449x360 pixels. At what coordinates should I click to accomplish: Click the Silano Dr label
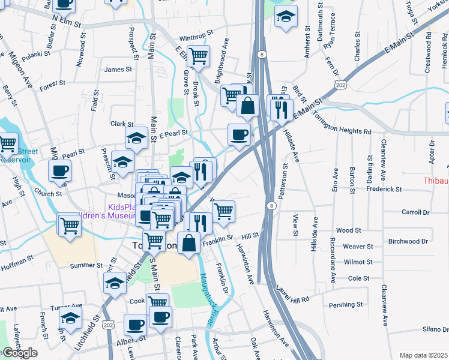(435, 329)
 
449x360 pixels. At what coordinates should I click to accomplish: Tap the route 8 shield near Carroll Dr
(272, 206)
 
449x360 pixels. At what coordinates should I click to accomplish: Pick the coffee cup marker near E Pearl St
(239, 133)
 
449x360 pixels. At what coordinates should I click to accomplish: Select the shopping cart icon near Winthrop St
(197, 56)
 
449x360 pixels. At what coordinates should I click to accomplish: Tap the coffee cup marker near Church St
(60, 170)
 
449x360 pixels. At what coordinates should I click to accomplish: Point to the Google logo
(20, 353)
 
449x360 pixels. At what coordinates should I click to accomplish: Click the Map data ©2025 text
(423, 355)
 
